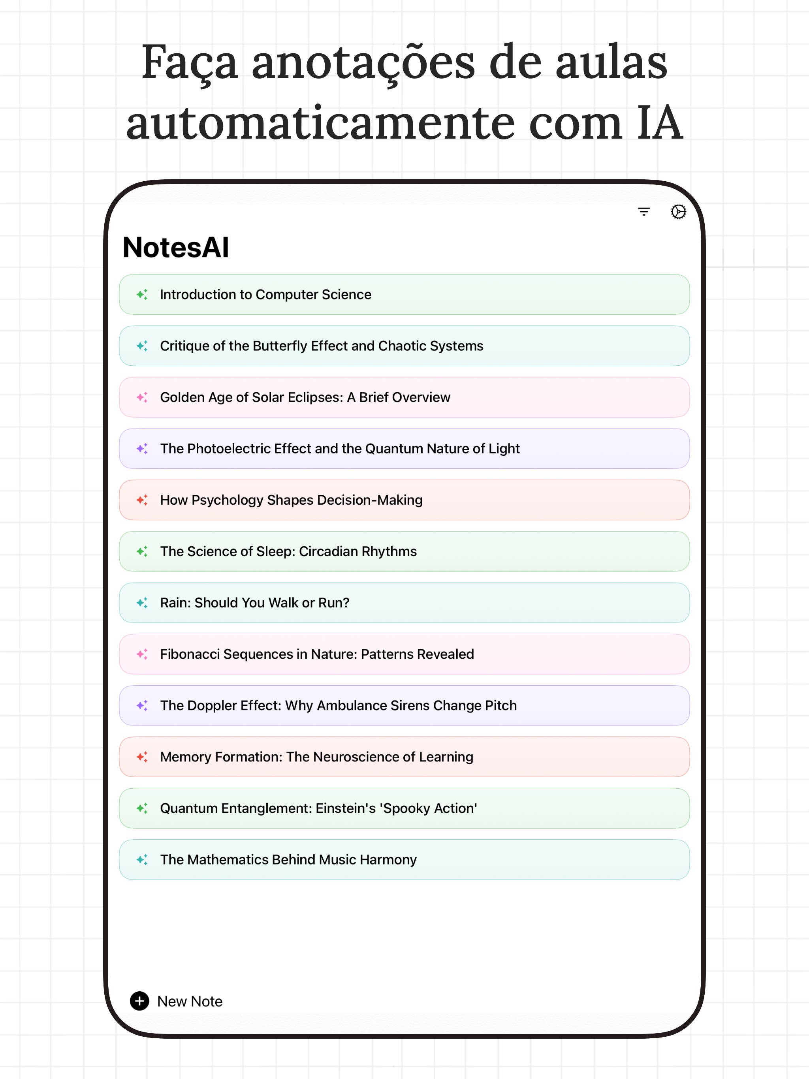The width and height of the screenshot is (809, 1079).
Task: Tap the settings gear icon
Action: [x=678, y=212]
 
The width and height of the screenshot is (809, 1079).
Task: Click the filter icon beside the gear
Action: [x=643, y=212]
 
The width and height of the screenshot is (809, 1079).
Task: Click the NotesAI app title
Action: [x=176, y=247]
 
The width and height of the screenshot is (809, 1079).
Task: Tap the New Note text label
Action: [x=190, y=1002]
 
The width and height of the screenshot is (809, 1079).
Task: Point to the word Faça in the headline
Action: [x=189, y=64]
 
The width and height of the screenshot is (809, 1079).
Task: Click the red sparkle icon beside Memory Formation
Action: [x=142, y=757]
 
